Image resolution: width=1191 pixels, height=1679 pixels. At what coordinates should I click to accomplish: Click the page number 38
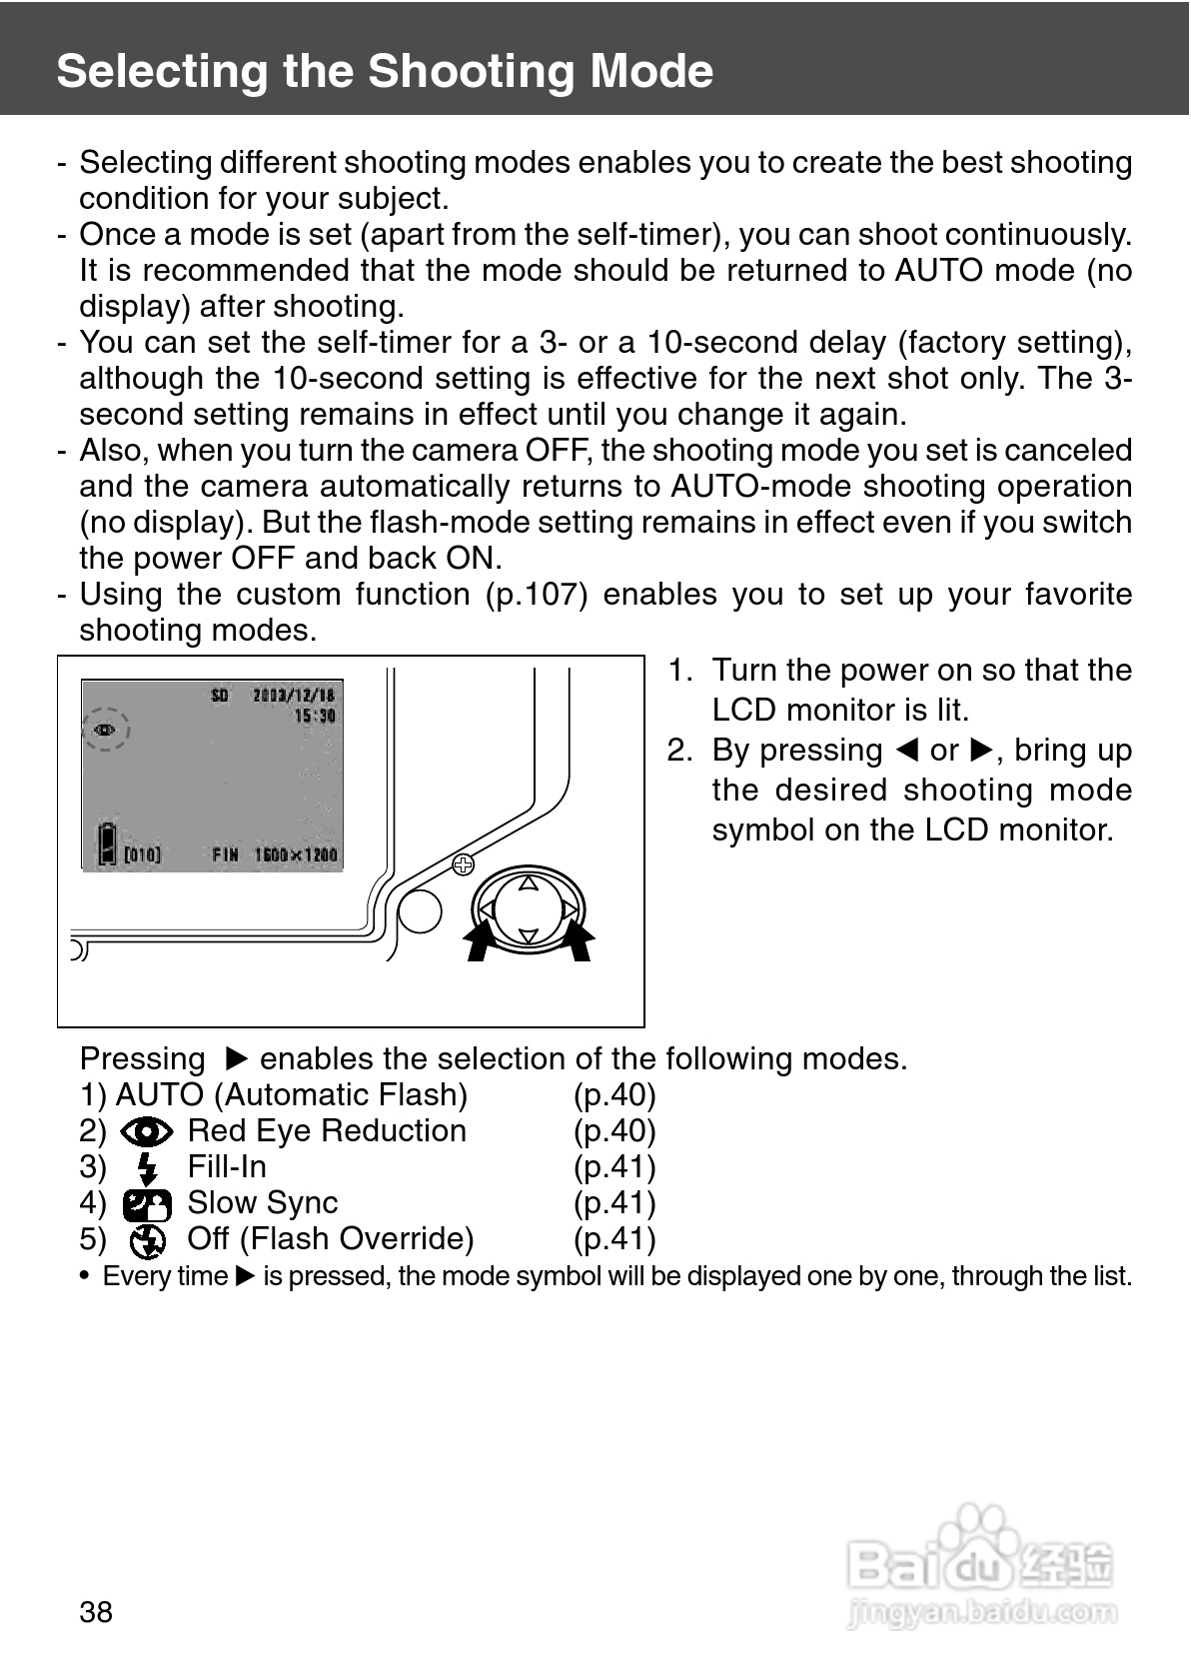[x=96, y=1612]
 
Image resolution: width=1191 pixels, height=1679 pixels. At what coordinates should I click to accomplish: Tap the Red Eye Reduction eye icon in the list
[x=146, y=1131]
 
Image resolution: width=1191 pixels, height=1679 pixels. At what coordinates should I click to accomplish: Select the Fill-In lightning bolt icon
[x=148, y=1168]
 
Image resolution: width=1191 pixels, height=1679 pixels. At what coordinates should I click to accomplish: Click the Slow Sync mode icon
[x=147, y=1204]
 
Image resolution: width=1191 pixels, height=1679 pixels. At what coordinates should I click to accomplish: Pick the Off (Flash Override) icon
[x=148, y=1240]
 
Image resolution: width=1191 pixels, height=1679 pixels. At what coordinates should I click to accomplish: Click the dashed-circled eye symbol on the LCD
[x=104, y=729]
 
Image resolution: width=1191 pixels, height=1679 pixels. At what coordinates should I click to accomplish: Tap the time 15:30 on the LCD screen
[x=315, y=717]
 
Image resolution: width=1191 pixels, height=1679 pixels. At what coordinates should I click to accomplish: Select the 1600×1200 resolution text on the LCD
[x=296, y=855]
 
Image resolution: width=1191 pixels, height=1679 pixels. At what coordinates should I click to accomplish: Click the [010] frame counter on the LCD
[x=142, y=855]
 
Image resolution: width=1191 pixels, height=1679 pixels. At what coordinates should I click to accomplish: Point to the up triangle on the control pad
[x=529, y=883]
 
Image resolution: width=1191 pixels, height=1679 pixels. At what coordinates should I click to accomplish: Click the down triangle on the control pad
[x=529, y=936]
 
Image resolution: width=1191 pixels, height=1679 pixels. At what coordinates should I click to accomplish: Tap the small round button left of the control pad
[x=420, y=910]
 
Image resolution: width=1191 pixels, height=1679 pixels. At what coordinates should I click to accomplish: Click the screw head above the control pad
[x=463, y=864]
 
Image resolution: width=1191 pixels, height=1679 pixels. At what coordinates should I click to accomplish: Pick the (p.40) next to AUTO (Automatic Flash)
[x=614, y=1095]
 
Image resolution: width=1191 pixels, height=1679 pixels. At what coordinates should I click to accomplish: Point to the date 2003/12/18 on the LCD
[x=293, y=696]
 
